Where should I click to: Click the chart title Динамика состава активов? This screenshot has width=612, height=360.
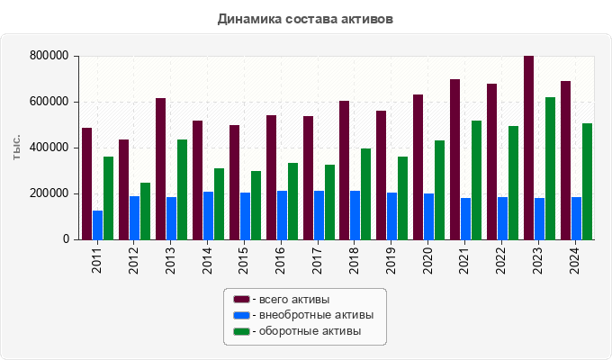[305, 18]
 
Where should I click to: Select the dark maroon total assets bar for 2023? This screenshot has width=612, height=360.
[528, 148]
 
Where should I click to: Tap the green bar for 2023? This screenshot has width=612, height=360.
[550, 168]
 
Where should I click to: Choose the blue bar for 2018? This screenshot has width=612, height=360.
[355, 215]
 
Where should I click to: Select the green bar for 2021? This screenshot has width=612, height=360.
[476, 180]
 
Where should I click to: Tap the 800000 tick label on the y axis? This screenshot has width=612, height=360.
[49, 56]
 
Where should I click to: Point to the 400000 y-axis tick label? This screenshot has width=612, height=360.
[49, 148]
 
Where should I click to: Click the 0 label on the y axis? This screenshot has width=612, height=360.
[66, 239]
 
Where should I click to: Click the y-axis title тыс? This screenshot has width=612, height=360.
[16, 148]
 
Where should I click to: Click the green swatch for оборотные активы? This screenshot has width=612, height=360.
[240, 331]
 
